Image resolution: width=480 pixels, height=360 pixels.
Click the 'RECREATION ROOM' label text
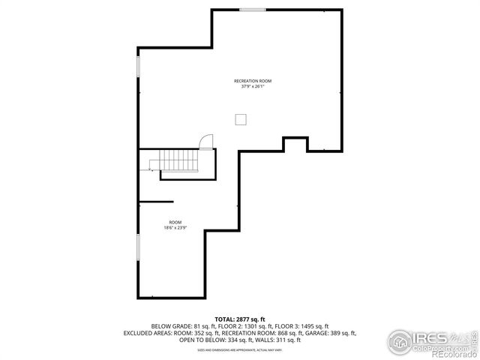pyautogui.click(x=252, y=80)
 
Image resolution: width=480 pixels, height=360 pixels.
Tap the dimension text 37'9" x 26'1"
pyautogui.click(x=252, y=86)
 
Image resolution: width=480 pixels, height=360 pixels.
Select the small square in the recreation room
pyautogui.click(x=241, y=119)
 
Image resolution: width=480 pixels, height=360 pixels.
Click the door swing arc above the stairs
pyautogui.click(x=206, y=141)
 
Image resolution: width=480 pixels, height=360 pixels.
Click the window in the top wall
pyautogui.click(x=253, y=10)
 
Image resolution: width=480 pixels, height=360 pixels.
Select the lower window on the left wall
pyautogui.click(x=138, y=248)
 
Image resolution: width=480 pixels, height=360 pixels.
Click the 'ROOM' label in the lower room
pyautogui.click(x=175, y=222)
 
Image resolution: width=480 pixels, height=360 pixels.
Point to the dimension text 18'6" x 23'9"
pyautogui.click(x=175, y=228)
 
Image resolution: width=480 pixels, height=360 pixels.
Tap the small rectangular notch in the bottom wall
pyautogui.click(x=295, y=142)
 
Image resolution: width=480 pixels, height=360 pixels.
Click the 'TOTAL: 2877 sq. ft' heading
pyautogui.click(x=240, y=319)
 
